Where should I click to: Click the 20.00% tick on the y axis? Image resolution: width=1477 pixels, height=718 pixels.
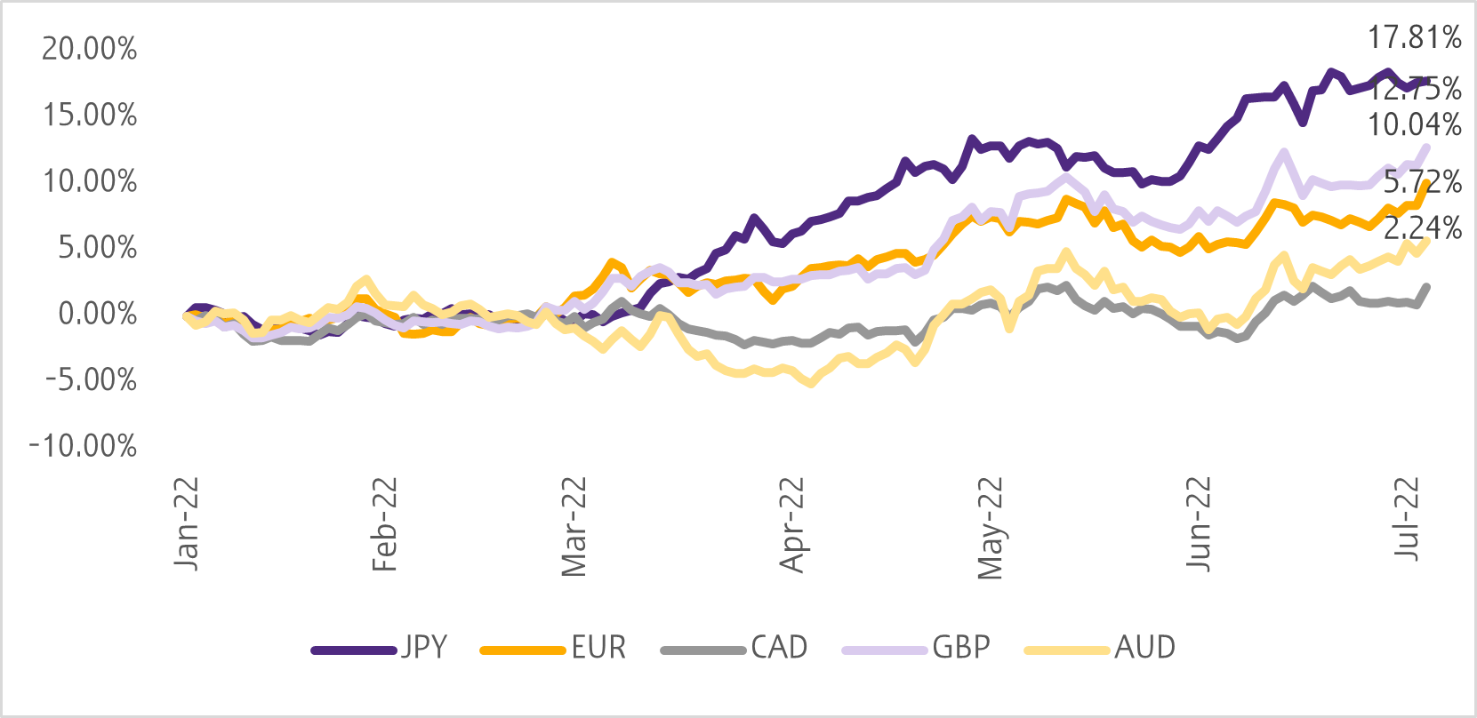(90, 49)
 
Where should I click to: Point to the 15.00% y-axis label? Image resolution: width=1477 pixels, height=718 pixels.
(90, 116)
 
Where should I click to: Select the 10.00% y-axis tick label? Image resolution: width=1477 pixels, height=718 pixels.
(90, 182)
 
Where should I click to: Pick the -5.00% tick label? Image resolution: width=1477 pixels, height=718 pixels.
(90, 380)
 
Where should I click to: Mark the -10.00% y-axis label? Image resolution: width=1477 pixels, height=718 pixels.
(83, 446)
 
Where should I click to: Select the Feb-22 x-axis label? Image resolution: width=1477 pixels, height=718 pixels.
(384, 525)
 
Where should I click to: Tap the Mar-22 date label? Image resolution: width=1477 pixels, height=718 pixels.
(575, 527)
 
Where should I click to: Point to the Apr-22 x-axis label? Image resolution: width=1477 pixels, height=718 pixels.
(791, 525)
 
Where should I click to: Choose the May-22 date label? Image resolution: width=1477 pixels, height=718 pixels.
(990, 529)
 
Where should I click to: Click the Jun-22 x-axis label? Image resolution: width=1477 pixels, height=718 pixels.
(1200, 525)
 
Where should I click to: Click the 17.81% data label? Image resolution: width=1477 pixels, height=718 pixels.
(1414, 38)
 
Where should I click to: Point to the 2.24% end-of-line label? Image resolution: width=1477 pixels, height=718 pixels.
(1423, 228)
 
